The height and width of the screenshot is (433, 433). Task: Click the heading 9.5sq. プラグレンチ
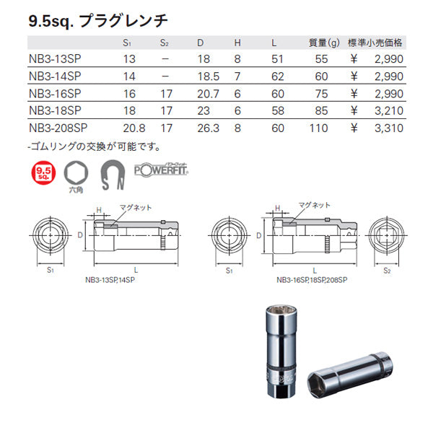click(x=95, y=21)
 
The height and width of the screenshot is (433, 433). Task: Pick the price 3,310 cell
click(x=389, y=128)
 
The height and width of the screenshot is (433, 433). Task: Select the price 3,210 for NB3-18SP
click(x=389, y=111)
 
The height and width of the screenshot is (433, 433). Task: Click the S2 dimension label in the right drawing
click(x=387, y=270)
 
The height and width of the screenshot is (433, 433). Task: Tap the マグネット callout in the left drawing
click(x=136, y=207)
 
